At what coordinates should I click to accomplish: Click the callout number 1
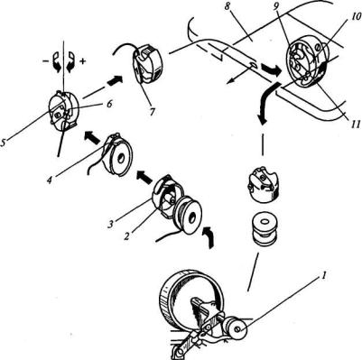click(x=321, y=276)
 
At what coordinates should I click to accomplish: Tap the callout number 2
click(x=127, y=236)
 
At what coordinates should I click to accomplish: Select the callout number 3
click(x=112, y=225)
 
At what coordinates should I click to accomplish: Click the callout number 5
click(x=4, y=142)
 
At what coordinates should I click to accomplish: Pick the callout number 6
click(x=110, y=104)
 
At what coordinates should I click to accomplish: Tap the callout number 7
click(x=152, y=112)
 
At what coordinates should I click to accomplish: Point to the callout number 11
click(x=354, y=124)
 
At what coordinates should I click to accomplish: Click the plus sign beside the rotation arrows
click(x=83, y=60)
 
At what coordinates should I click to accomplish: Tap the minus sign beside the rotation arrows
click(x=44, y=60)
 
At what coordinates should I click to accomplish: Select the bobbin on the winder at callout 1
click(x=237, y=329)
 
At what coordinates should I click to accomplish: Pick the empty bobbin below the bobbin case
click(x=264, y=227)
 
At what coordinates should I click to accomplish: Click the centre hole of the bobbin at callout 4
click(x=122, y=158)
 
